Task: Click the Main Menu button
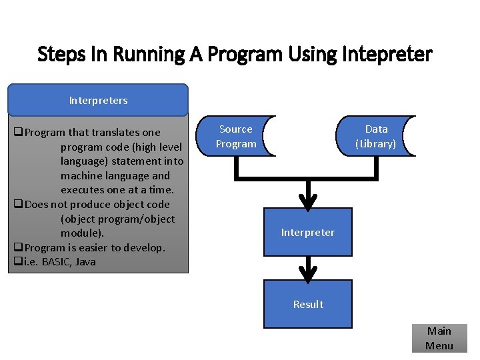coord(439,338)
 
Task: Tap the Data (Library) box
coord(376,136)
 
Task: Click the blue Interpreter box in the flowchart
coord(308,232)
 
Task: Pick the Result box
coord(308,304)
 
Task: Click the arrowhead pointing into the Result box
coord(308,273)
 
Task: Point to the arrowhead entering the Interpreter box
coord(308,201)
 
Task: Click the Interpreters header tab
coord(98,100)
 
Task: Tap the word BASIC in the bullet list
coord(57,262)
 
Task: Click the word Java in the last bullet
coord(85,262)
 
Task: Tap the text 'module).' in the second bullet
coord(82,233)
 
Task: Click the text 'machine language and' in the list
coord(115,176)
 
